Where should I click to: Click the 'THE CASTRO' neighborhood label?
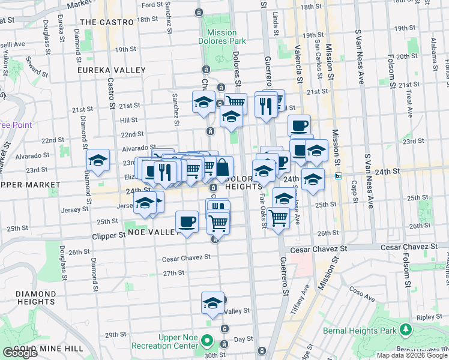(x=106, y=22)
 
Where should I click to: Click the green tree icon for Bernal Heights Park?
(x=406, y=329)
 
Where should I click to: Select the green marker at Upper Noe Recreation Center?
(x=208, y=341)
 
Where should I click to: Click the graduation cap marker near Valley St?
(x=212, y=303)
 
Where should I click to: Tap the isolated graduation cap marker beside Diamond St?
(x=98, y=160)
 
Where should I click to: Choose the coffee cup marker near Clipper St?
(x=187, y=222)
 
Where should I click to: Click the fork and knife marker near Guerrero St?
(x=265, y=106)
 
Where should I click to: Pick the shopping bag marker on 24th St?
(x=222, y=167)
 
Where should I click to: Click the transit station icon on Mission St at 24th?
(x=339, y=176)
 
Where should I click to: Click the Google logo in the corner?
(x=20, y=353)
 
